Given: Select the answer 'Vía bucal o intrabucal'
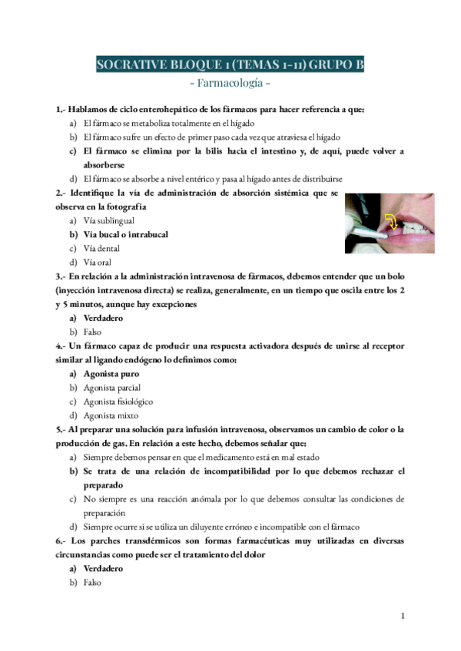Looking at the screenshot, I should (125, 234).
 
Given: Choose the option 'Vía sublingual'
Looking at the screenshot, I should (114, 220).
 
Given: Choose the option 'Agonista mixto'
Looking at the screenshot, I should (111, 415).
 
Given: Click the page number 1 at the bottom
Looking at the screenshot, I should (403, 616).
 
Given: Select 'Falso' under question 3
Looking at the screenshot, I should (92, 332).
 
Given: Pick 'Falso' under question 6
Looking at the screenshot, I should (92, 583).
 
